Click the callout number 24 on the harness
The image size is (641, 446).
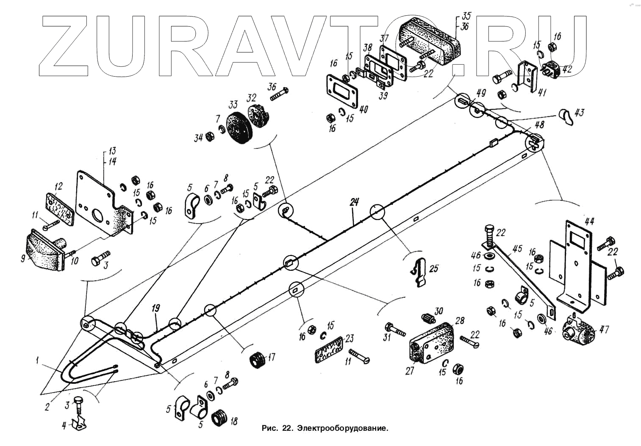(354, 202)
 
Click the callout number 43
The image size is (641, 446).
(579, 113)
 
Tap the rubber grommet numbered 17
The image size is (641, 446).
(257, 360)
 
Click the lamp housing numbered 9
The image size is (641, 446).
(44, 252)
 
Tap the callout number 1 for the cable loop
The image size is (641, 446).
(38, 361)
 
